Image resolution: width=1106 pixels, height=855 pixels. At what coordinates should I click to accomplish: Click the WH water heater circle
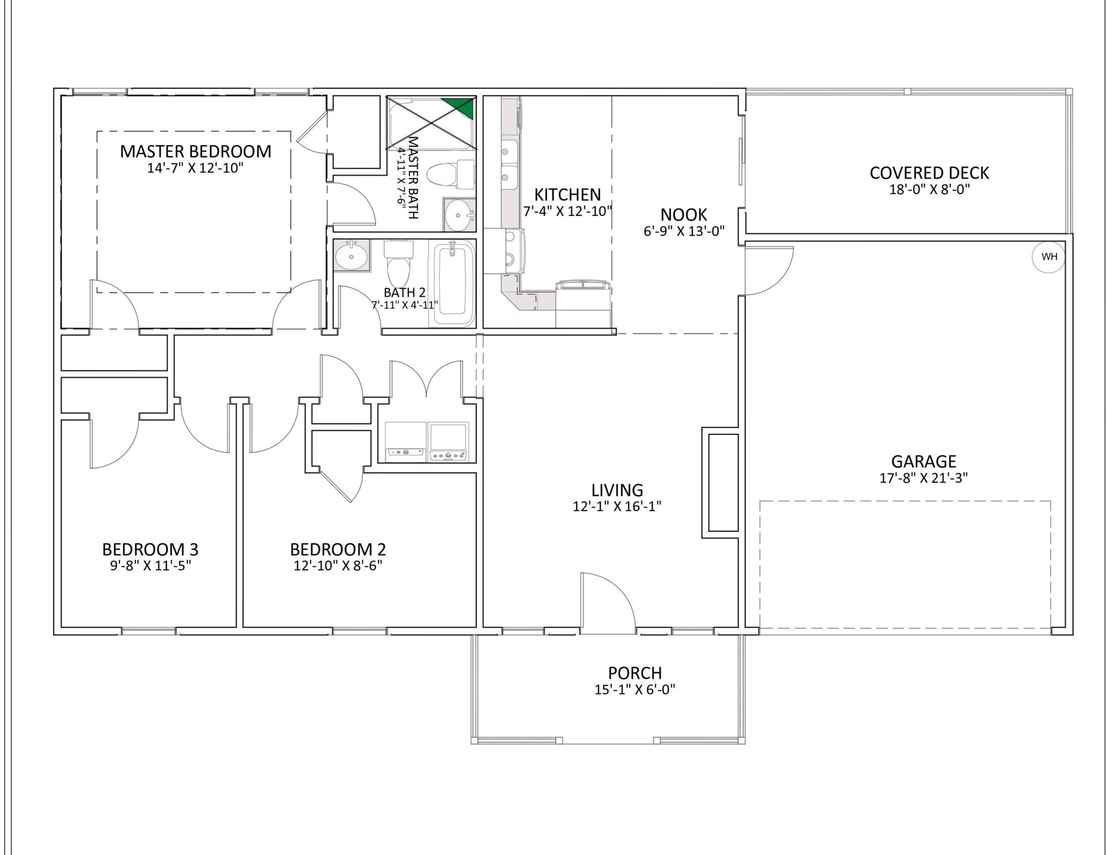point(1049,257)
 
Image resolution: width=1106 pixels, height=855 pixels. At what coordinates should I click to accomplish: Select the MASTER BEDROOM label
point(195,152)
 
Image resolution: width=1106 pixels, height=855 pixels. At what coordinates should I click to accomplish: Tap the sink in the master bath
point(459,215)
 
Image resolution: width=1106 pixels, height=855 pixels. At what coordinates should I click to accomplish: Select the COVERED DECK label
point(929,173)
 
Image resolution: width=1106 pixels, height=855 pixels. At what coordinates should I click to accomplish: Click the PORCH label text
point(635,672)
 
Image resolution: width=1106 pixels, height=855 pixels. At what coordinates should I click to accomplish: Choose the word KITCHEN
point(567,194)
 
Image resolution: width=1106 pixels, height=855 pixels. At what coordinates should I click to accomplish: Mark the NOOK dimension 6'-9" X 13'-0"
point(684,231)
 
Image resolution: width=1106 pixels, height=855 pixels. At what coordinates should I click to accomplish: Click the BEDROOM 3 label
point(150,548)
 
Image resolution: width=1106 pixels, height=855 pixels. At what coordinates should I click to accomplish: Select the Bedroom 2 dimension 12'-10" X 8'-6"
point(338,565)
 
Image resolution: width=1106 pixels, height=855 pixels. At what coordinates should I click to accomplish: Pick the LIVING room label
point(617,490)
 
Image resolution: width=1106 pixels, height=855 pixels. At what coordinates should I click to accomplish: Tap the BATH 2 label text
point(405,293)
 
